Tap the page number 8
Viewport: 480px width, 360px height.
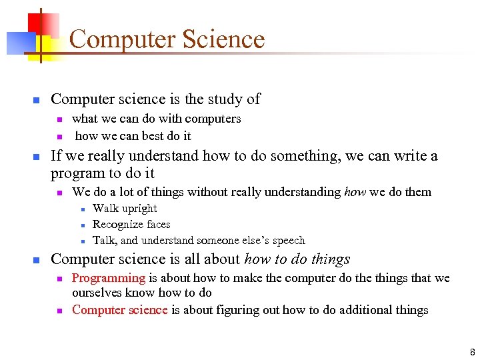tap(472, 352)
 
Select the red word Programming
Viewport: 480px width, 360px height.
tap(108, 278)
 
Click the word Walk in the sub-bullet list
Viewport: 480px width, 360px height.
tap(105, 209)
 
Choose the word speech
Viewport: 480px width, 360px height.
tap(289, 241)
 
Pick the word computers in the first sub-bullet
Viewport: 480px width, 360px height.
tap(213, 119)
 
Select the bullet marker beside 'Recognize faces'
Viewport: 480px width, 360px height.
tap(79, 225)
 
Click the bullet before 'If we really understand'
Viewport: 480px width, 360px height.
tap(37, 157)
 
